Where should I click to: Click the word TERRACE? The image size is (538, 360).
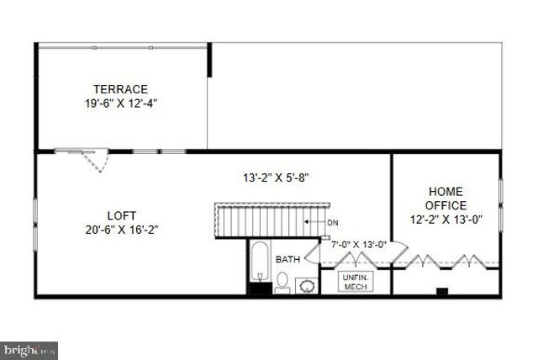pyautogui.click(x=120, y=89)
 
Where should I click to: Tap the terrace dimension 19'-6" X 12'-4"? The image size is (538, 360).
pyautogui.click(x=120, y=103)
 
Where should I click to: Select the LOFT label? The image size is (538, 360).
pyautogui.click(x=121, y=215)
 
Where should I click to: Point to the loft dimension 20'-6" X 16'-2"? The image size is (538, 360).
pyautogui.click(x=121, y=230)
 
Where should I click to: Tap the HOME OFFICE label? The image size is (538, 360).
pyautogui.click(x=446, y=199)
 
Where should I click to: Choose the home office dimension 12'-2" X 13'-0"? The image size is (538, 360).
pyautogui.click(x=446, y=220)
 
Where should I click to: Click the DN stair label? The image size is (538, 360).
pyautogui.click(x=332, y=222)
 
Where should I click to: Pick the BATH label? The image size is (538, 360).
pyautogui.click(x=287, y=259)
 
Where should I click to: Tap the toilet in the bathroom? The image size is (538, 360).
pyautogui.click(x=282, y=283)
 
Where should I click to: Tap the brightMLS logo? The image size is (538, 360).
pyautogui.click(x=30, y=347)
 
